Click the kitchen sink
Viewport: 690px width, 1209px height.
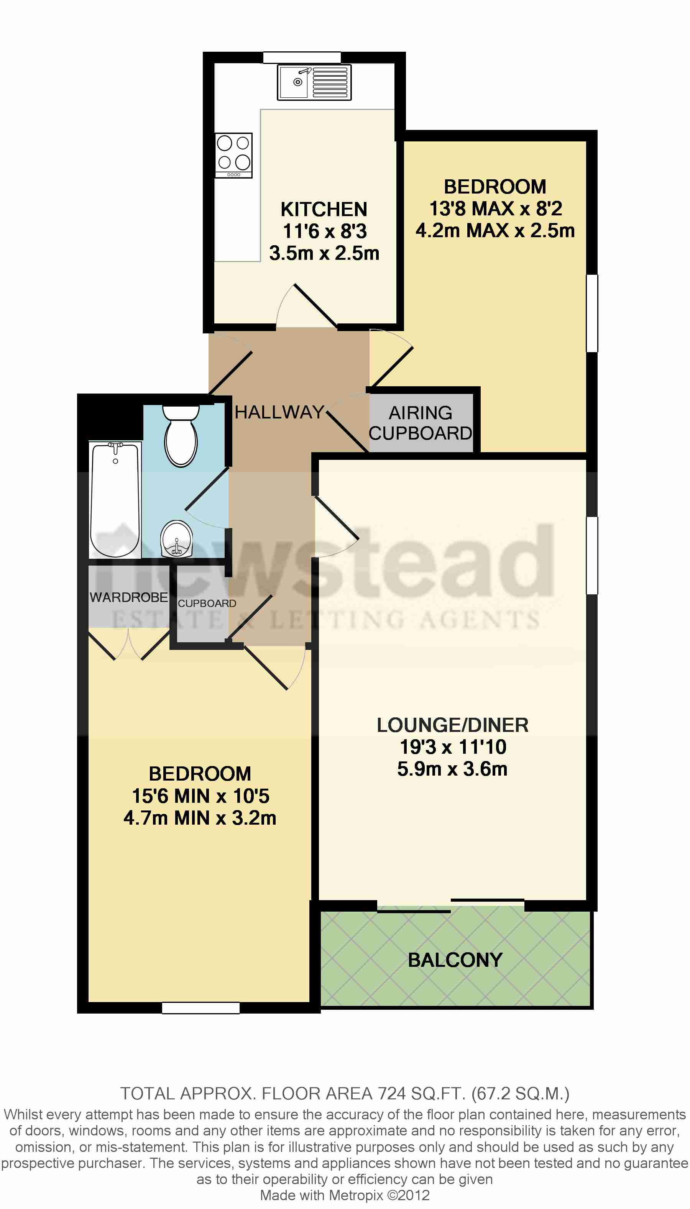coord(314,82)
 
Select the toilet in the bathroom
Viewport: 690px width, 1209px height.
coord(181,435)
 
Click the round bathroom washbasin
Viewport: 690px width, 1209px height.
coord(177,539)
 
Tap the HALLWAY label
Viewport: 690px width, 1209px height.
coord(279,412)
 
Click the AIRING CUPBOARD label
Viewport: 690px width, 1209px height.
coord(421,423)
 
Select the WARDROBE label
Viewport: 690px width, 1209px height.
coord(129,597)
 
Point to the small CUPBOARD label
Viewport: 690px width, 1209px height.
coord(207,604)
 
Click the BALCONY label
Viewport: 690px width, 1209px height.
coord(455,960)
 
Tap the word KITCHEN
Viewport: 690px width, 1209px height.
coord(324,209)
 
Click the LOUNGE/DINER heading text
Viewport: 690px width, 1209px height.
coord(453,725)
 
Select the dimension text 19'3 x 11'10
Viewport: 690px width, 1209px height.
coord(453,747)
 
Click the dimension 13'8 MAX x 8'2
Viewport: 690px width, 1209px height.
coord(496,208)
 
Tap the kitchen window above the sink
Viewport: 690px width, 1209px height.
coord(302,57)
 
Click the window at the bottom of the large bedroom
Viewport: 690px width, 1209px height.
coord(200,1008)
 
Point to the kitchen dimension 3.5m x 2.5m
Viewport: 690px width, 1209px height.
coord(325,253)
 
